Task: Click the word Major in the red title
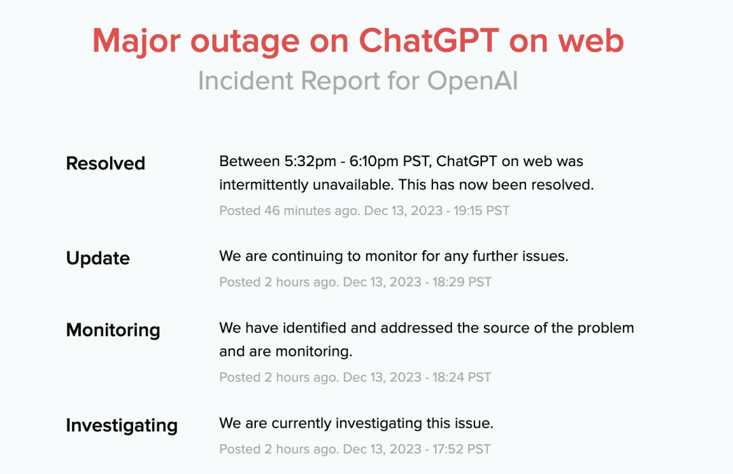point(136,41)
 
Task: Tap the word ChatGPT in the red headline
point(429,41)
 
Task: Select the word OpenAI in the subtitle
point(472,80)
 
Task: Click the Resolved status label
point(106,163)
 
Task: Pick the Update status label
point(98,258)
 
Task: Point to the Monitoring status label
point(113,330)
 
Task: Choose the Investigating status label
point(122,425)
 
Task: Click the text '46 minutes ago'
point(312,211)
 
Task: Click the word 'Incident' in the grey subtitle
point(245,80)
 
